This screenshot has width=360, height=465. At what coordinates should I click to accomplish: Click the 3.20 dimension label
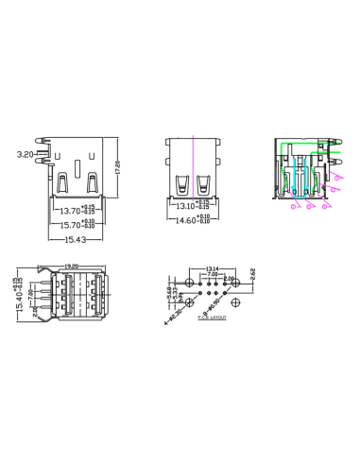(x=26, y=152)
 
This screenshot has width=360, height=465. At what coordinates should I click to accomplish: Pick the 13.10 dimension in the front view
(x=186, y=205)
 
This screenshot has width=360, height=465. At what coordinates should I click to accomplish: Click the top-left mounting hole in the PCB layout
(x=190, y=283)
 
